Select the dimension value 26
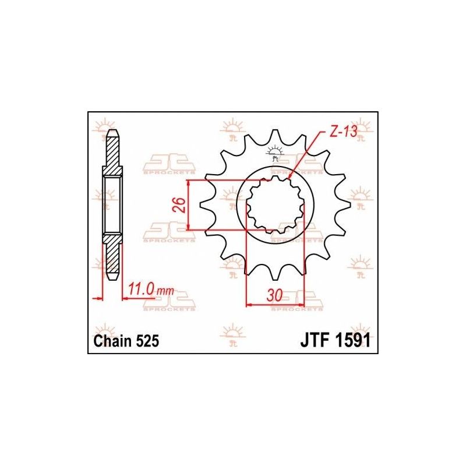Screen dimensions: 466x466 pos(180,205)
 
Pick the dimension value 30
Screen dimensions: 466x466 pos(274,295)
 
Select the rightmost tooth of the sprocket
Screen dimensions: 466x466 pos(348,205)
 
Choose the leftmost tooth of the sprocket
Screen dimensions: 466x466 pos(203,205)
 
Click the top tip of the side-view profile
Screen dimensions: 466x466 pos(113,130)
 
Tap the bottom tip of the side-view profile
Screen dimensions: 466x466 pos(113,278)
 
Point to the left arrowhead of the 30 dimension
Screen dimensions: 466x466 pos(249,303)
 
